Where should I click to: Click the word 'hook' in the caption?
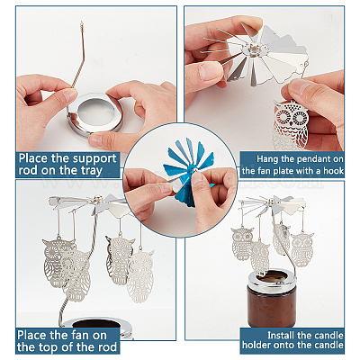(x=333, y=171)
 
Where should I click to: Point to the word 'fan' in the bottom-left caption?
(x=79, y=335)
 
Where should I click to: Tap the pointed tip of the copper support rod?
(x=82, y=22)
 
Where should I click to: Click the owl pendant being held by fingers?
(x=291, y=124)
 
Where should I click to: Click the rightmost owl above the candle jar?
(x=302, y=249)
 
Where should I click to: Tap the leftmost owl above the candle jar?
(x=242, y=244)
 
